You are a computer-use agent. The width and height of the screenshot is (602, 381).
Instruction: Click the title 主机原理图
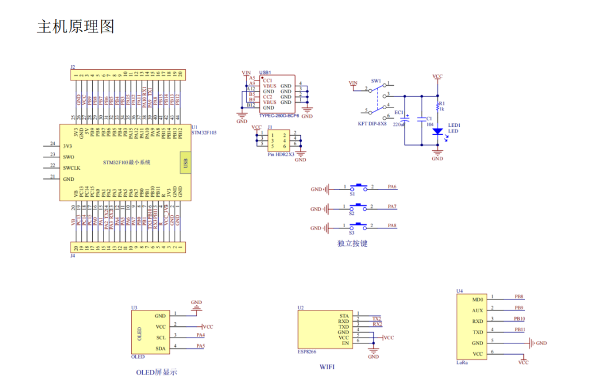point(75,26)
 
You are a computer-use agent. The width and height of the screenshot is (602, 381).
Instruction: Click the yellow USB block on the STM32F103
point(185,162)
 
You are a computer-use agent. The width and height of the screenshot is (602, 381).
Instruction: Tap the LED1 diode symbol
point(437,132)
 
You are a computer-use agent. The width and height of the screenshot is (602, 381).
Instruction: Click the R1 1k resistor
point(437,107)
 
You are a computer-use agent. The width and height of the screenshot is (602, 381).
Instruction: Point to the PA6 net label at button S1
point(392,187)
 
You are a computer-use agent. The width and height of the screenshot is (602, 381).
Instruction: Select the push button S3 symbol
point(358,226)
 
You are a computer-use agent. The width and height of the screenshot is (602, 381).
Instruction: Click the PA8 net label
point(392,225)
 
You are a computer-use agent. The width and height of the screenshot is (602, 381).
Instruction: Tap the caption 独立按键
point(352,243)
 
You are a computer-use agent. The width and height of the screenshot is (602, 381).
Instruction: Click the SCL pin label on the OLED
point(161,338)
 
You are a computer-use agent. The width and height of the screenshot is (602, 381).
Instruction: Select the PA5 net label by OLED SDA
point(200,346)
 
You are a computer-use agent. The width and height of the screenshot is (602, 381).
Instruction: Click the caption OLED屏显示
point(156,372)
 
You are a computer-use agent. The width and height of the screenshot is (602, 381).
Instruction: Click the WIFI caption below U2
point(327,367)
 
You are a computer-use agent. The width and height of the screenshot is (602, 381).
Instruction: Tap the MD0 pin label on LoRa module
point(477,299)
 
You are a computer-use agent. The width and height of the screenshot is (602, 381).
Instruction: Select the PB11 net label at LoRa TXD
point(519,330)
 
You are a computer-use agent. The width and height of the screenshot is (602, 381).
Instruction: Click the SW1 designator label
point(376,81)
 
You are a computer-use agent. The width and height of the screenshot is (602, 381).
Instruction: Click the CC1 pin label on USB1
point(267,80)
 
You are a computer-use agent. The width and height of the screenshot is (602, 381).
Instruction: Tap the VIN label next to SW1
point(353,83)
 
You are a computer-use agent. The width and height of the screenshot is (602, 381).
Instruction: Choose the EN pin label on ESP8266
point(346,343)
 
